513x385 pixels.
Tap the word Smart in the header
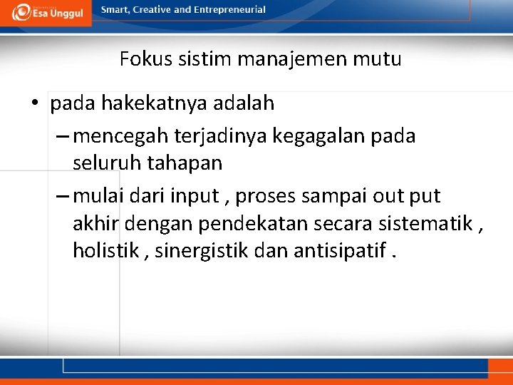(x=115, y=10)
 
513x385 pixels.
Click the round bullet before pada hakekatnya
(x=34, y=104)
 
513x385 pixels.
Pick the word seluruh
(x=107, y=163)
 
